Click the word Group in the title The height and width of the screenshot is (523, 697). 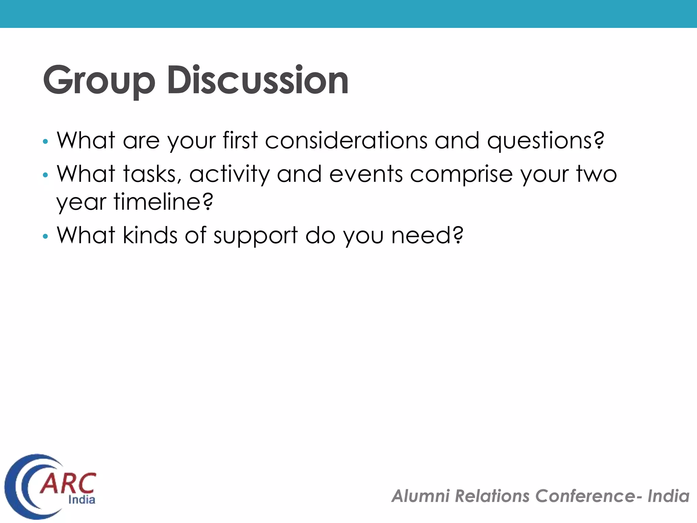99,80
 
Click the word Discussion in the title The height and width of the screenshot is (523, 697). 258,80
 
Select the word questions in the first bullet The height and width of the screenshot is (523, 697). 546,141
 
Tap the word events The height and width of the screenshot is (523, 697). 366,174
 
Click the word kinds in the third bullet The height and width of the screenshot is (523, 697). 150,235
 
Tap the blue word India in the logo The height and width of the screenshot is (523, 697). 82,500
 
